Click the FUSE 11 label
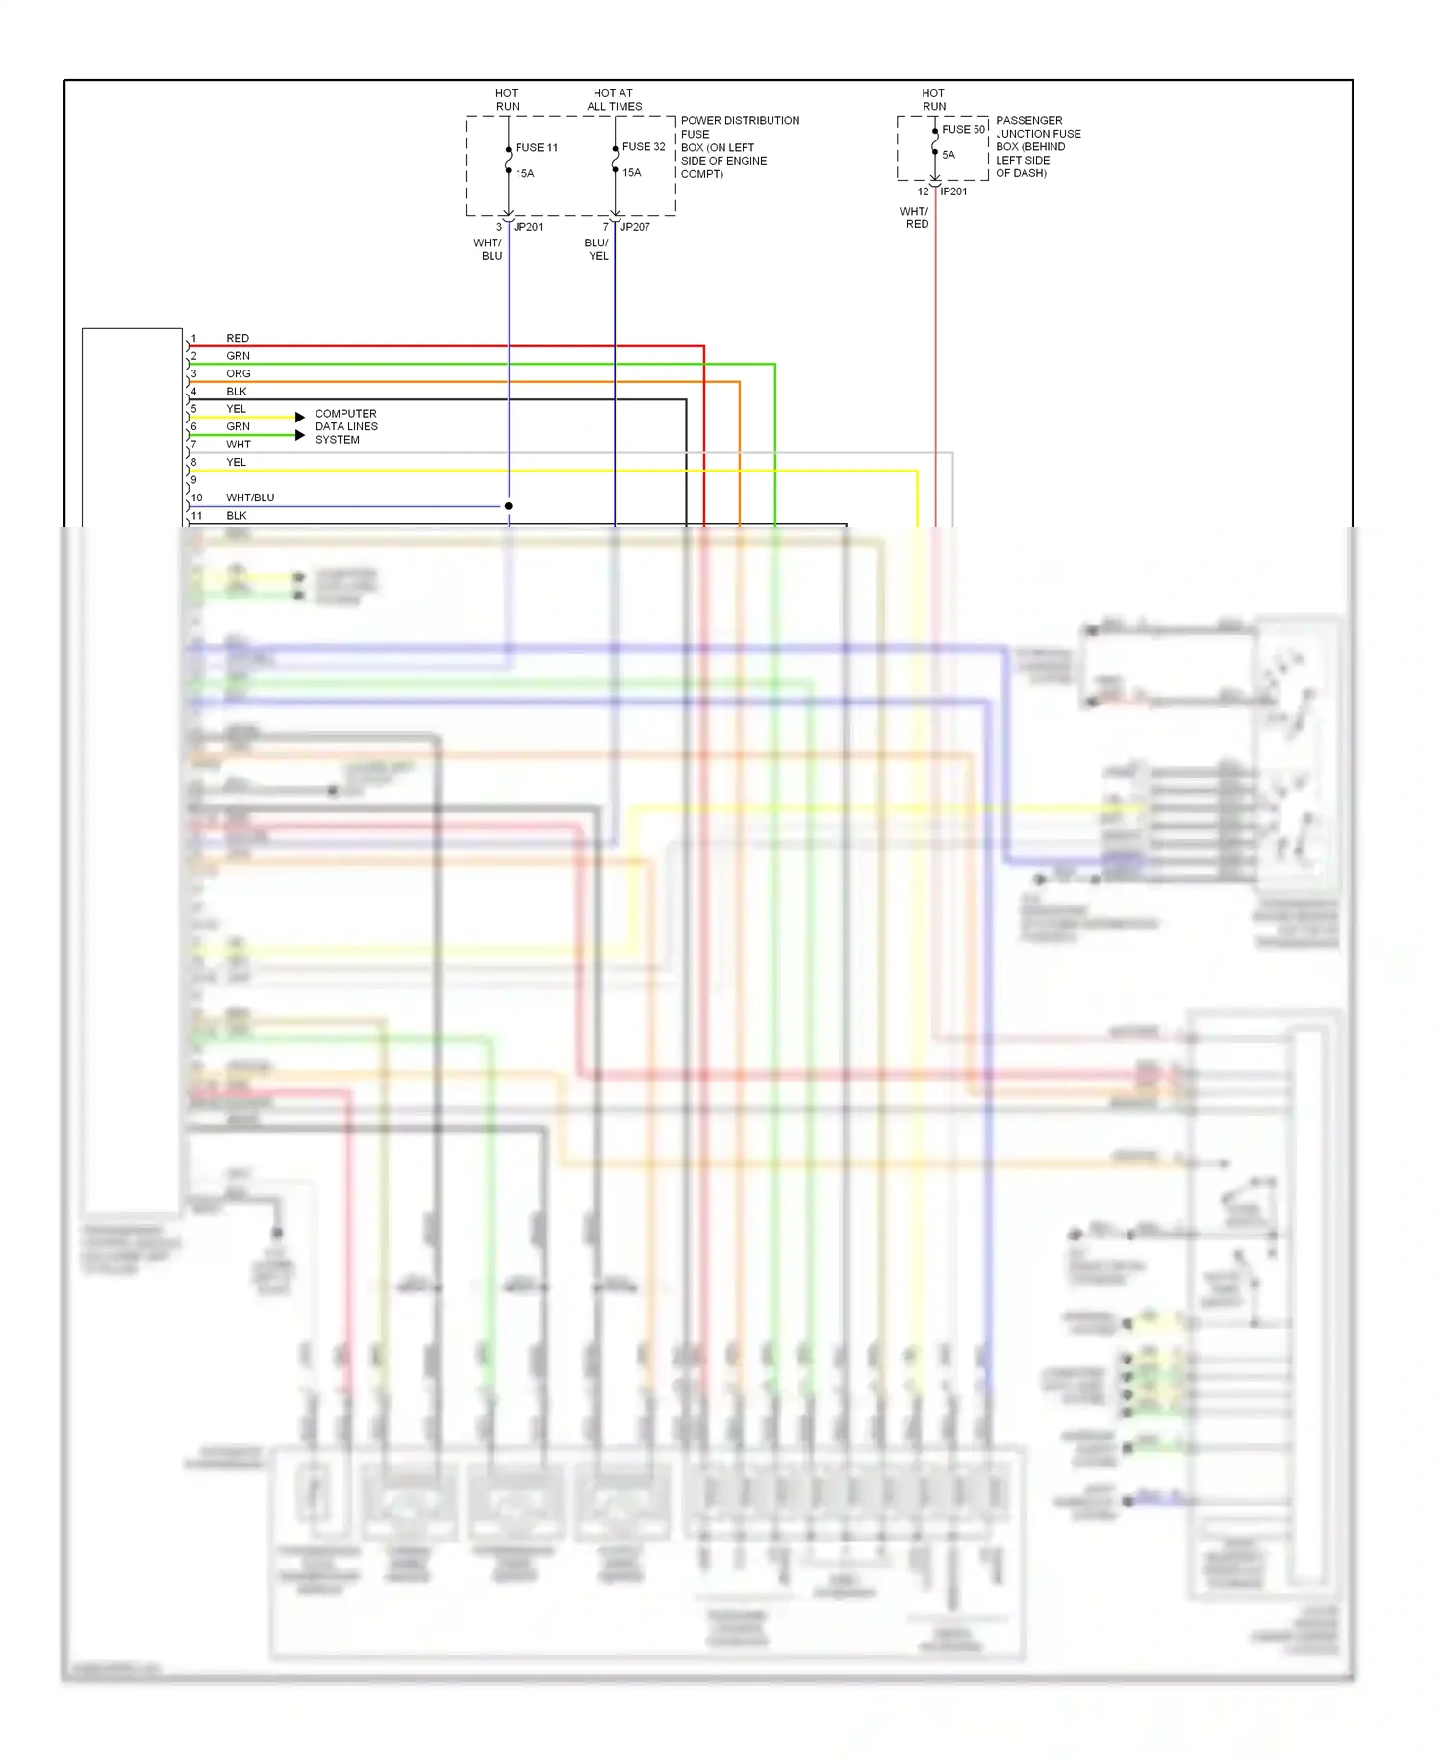pos(536,147)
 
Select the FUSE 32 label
pos(643,146)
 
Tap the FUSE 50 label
pos(963,129)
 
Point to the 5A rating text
pos(949,155)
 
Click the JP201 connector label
pos(528,227)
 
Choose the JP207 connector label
pos(635,227)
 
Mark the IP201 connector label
pos(953,191)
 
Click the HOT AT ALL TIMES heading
pos(614,100)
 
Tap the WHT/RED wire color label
pos(915,217)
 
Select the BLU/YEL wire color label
pos(596,249)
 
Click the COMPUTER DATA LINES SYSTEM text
pos(346,426)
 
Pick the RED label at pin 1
pos(238,338)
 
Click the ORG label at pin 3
pos(239,373)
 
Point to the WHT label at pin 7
pos(239,445)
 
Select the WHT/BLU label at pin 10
pos(250,497)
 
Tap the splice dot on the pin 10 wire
pos(509,506)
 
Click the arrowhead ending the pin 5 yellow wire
pos(300,417)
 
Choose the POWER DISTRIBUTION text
pos(740,120)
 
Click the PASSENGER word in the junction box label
pos(1028,120)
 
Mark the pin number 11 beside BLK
pos(197,516)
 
